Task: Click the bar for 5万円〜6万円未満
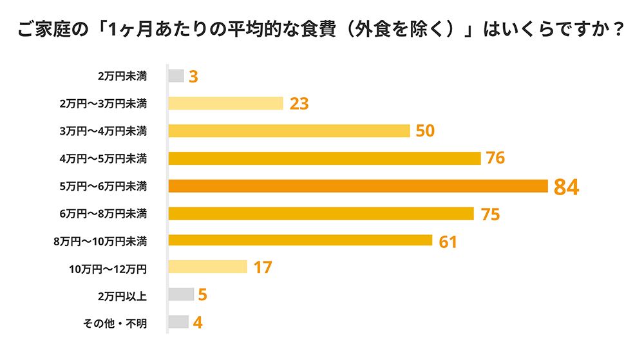coord(357,186)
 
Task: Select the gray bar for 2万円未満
coord(176,76)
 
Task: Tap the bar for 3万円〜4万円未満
coord(289,131)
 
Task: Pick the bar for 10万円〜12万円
coord(207,267)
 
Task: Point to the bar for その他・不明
coord(178,322)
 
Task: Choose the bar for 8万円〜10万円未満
coord(299,240)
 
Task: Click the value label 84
coord(567,187)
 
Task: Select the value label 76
coord(495,158)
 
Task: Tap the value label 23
coord(299,104)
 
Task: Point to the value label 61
coord(448,242)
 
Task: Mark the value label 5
coord(202,295)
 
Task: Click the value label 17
coord(263,267)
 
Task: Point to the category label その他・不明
coord(116,323)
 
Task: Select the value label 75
coord(490,214)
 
